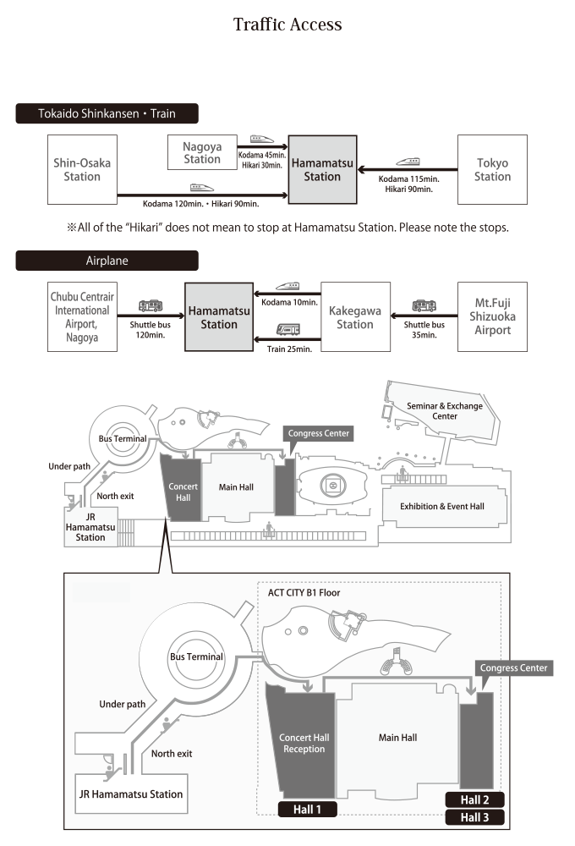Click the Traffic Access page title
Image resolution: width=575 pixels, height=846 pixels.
287,25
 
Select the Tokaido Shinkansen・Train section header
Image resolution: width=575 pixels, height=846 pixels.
107,113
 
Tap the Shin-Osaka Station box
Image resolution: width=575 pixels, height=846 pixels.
82,169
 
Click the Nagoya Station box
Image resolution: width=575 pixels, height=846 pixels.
202,152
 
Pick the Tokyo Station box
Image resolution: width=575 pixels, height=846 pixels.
492,169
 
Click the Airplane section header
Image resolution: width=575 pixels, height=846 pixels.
107,261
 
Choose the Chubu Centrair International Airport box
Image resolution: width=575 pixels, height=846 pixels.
82,316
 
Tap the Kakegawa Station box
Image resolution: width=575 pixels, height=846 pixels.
355,316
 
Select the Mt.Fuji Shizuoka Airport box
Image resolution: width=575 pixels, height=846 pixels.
492,316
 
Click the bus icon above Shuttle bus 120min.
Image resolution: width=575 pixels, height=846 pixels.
151,306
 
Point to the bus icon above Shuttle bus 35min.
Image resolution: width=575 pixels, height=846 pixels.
424,306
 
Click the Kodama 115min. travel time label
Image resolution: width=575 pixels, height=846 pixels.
409,179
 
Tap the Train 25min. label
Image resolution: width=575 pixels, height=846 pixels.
290,349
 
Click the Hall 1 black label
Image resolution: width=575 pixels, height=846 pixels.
308,810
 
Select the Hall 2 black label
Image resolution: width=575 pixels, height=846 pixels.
474,800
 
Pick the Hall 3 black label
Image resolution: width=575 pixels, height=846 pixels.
474,817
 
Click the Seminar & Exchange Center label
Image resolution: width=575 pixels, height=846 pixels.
445,411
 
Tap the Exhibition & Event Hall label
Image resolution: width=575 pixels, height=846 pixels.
442,506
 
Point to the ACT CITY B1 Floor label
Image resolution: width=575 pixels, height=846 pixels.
304,593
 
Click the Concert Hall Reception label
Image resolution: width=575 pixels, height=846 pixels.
304,743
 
